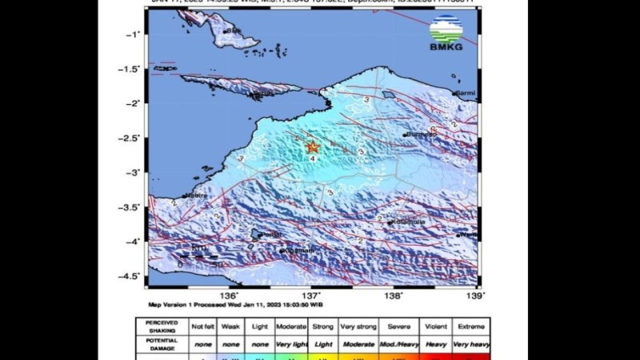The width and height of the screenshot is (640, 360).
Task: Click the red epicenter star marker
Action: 312,147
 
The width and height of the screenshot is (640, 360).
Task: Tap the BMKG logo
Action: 446,32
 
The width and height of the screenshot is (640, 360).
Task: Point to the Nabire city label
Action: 196,195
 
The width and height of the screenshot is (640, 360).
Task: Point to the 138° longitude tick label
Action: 394,295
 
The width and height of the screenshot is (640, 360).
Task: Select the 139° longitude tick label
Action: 475,295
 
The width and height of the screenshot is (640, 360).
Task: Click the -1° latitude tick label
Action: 133,34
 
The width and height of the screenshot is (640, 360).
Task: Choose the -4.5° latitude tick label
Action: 129,276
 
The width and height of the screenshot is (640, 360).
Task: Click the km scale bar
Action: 198,256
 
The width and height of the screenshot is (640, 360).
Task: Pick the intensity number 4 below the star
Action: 312,158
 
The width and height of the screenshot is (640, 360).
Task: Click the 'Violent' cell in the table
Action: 435,326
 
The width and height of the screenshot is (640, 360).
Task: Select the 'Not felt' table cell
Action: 202,326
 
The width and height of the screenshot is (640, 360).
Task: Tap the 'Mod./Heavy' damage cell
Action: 398,344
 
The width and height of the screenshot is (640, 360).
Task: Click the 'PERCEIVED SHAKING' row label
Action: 161,326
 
